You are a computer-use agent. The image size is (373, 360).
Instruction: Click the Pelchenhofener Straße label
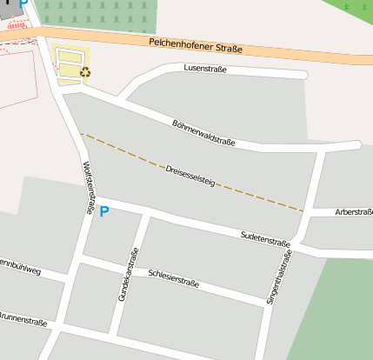pos(195,45)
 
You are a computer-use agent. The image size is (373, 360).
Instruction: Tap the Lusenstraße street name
pos(205,68)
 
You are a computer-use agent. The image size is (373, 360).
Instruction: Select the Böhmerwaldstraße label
pos(204,131)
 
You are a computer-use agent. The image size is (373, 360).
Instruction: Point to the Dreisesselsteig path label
pos(190,175)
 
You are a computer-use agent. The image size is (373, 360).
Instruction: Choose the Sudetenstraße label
pos(265,237)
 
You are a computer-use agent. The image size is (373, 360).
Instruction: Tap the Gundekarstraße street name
pos(128,275)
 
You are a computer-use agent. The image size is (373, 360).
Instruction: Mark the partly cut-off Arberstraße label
pos(355,211)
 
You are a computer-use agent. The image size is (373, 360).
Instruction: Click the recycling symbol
pos(85,73)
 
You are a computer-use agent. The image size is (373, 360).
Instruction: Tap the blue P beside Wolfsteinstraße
pos(104,211)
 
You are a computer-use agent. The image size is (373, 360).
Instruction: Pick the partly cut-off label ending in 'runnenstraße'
pos(23,321)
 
